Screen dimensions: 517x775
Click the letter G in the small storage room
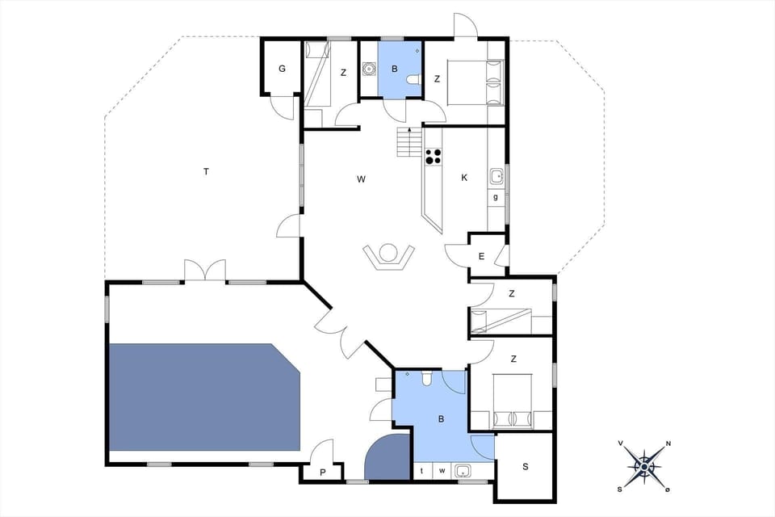[282, 69]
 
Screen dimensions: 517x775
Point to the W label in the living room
[361, 179]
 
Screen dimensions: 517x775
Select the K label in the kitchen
[464, 178]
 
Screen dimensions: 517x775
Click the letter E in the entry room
[481, 257]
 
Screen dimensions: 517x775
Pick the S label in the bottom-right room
[526, 466]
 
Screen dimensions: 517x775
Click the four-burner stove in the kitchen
[434, 156]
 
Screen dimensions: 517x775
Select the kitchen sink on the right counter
[497, 175]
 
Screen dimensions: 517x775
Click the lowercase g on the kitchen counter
[495, 196]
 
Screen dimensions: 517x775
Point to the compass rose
[644, 465]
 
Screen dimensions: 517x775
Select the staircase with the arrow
[409, 143]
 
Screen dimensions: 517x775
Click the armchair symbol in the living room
[389, 256]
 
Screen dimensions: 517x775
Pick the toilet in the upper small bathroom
[413, 79]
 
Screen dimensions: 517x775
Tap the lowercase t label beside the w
[422, 471]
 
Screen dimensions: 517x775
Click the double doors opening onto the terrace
[204, 271]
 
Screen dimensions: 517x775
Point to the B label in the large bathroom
[441, 419]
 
